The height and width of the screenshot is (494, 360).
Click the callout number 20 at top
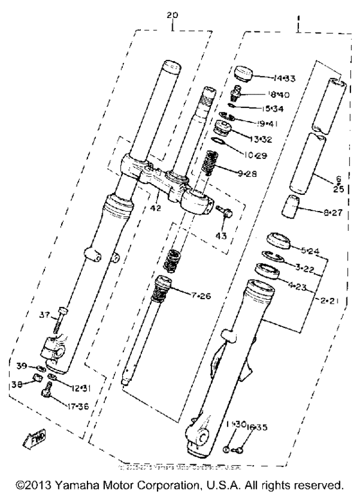click(172, 14)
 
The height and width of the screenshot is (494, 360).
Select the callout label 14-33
click(283, 78)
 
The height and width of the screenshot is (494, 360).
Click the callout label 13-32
click(280, 139)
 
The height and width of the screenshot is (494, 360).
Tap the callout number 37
click(44, 315)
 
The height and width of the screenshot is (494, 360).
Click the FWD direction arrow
click(31, 439)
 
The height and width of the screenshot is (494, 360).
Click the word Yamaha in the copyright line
click(84, 483)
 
